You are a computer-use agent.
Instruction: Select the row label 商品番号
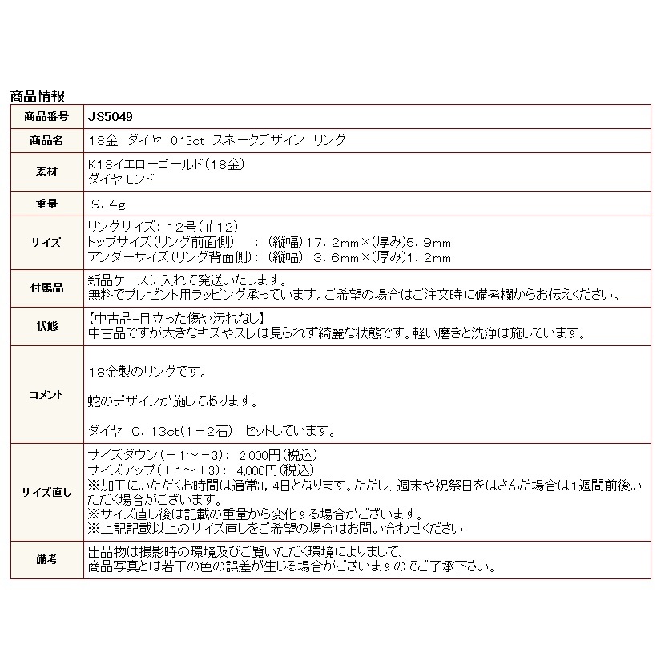[47, 116]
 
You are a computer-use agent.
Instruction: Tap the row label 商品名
[47, 140]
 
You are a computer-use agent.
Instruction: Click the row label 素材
[47, 172]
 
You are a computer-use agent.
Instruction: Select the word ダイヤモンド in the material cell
[120, 179]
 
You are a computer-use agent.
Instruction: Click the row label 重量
[47, 204]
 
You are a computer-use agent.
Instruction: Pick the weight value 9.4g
[110, 204]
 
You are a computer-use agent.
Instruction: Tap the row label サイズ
[47, 243]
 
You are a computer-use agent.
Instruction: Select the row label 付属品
[47, 288]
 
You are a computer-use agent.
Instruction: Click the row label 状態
[47, 326]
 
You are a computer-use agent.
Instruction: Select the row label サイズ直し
[47, 492]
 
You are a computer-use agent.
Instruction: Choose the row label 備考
[47, 560]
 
